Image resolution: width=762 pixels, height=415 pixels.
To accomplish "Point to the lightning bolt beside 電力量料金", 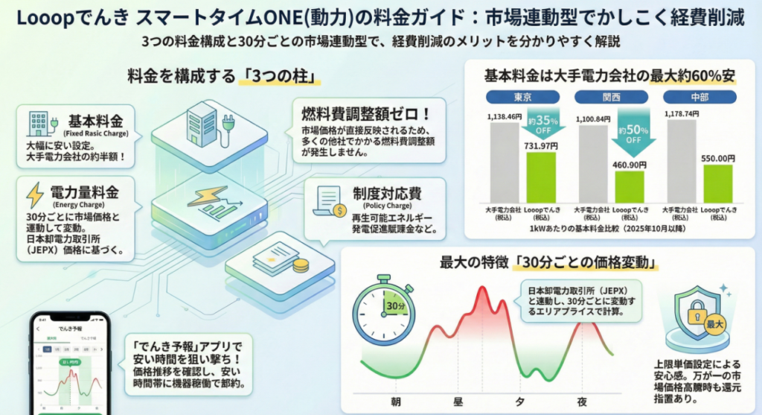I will tap(35, 194).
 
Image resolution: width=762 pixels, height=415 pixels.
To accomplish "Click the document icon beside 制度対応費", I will tap(327, 200).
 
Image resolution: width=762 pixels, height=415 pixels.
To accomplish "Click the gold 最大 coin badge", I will tap(710, 325).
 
